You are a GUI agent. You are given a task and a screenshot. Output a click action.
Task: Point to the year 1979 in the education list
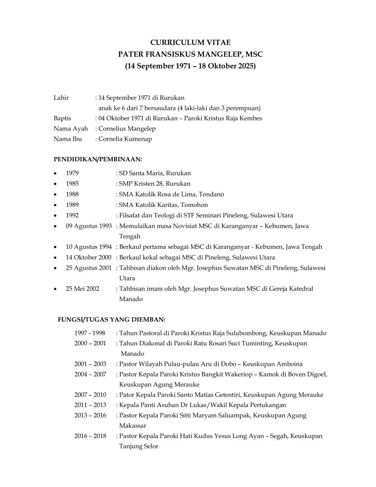pos(72,173)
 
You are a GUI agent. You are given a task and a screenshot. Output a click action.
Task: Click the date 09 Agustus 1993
pos(89,226)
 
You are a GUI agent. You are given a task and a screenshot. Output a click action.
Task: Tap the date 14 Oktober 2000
pos(89,257)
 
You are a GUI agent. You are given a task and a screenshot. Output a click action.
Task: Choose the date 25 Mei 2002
pos(83,289)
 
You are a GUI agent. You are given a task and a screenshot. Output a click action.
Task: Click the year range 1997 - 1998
pos(90,333)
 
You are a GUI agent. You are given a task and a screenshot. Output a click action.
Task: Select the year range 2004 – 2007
pos(90,374)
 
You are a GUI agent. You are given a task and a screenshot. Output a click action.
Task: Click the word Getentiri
pos(227,395)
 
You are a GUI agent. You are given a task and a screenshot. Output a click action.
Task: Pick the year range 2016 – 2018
pos(90,436)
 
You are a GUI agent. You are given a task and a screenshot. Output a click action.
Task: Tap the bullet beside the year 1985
pos(56,184)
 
